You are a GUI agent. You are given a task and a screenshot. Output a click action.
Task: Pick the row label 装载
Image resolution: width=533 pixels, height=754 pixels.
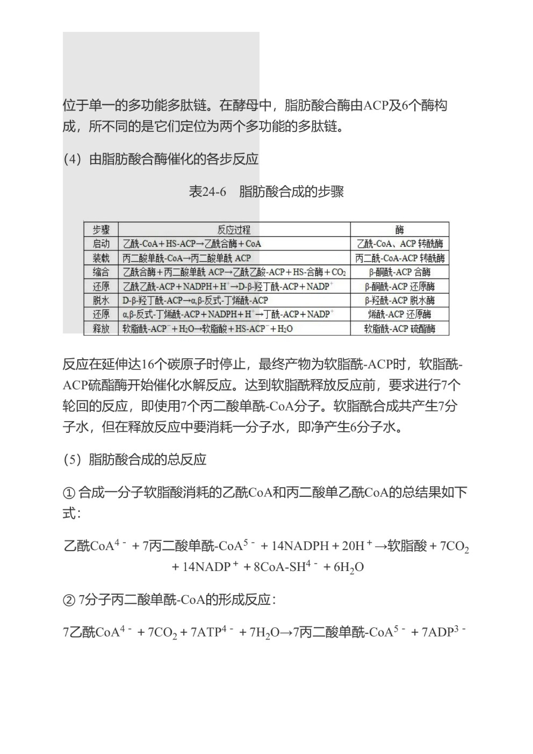[101, 258]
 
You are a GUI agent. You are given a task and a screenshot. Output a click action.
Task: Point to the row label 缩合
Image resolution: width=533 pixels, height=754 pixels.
[101, 272]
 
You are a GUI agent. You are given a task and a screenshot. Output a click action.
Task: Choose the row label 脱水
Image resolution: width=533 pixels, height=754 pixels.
[101, 300]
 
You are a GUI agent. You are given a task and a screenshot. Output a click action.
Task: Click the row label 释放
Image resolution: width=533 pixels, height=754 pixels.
[101, 328]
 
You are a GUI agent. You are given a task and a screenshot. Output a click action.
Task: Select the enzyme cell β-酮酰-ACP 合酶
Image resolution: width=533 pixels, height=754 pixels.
[399, 272]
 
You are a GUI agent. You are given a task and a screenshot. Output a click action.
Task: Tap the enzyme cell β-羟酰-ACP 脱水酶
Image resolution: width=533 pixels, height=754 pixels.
[399, 300]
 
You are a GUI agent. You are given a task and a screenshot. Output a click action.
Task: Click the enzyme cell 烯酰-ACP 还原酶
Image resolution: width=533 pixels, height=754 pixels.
[399, 314]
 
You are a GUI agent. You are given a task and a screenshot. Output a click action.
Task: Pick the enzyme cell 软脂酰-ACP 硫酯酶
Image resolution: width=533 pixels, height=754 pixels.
[399, 328]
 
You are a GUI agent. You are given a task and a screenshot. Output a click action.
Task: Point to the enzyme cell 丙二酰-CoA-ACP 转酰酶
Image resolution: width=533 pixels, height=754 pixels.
[399, 258]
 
